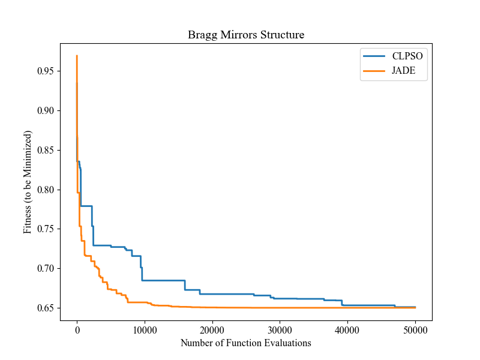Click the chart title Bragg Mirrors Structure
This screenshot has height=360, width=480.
(246, 35)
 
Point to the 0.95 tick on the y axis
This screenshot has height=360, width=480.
(45, 71)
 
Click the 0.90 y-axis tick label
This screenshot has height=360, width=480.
(45, 110)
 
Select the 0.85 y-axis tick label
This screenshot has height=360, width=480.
(45, 150)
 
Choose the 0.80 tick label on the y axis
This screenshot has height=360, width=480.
(45, 190)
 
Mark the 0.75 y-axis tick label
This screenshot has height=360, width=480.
(45, 229)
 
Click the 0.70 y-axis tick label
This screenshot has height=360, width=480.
(45, 268)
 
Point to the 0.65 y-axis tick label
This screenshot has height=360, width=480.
(45, 308)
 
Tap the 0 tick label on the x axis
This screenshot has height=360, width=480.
(77, 330)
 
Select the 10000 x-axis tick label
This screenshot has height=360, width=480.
(145, 330)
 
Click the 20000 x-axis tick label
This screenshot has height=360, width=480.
(212, 330)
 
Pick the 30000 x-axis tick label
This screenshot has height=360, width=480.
(280, 330)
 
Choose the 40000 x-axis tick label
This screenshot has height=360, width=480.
(348, 330)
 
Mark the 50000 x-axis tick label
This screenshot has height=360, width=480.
(415, 330)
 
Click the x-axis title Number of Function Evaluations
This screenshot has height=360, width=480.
(246, 343)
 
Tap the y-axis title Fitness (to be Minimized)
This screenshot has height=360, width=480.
(28, 182)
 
